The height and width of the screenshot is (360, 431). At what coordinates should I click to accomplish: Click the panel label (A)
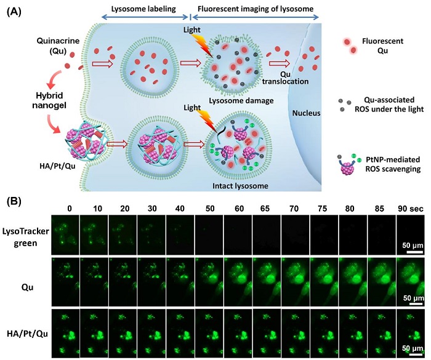(x=14, y=12)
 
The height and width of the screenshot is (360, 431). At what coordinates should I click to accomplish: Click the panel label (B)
(x=14, y=201)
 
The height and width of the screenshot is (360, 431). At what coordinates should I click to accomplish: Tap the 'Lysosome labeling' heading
(x=143, y=9)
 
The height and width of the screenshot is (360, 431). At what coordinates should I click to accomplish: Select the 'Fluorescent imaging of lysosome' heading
(x=256, y=9)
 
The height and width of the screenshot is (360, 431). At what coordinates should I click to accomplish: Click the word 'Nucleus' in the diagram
(x=306, y=113)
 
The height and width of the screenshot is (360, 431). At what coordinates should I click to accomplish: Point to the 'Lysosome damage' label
(x=241, y=100)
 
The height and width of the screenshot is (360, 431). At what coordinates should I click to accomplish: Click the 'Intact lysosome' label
(x=241, y=186)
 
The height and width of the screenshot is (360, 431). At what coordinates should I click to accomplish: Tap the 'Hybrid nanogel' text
(x=49, y=100)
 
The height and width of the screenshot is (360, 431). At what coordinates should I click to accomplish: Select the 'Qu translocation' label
(x=285, y=78)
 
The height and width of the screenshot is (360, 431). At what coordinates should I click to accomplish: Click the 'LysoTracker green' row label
(x=26, y=237)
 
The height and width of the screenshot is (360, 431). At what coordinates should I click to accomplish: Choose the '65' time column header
(x=265, y=209)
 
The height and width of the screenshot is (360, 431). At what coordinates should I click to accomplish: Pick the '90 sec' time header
(x=411, y=209)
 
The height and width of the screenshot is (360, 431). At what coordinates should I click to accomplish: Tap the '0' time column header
(x=69, y=209)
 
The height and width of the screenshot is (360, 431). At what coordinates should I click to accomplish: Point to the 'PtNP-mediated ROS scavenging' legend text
(x=393, y=164)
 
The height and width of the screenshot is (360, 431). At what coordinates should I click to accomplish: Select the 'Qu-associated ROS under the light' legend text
(x=389, y=105)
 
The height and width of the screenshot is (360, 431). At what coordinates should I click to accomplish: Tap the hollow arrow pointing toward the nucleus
(x=280, y=63)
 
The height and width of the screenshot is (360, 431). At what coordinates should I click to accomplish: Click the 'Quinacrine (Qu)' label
(x=58, y=46)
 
